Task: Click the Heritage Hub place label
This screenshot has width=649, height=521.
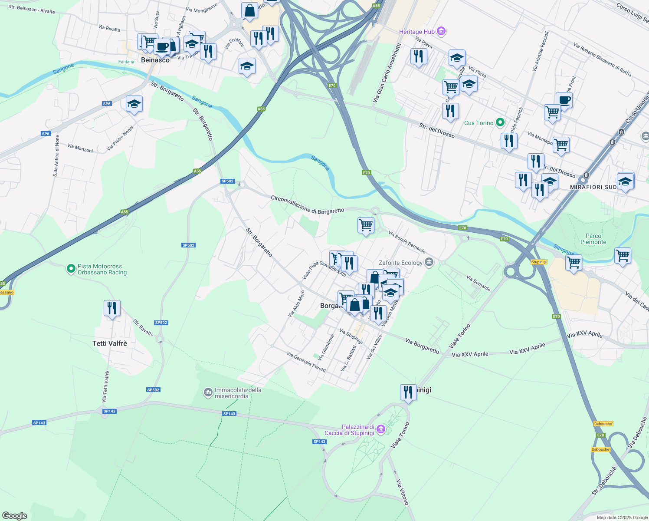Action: click(x=416, y=32)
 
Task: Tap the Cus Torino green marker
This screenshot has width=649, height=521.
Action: click(x=500, y=123)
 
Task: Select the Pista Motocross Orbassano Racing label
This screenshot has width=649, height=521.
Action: click(x=102, y=270)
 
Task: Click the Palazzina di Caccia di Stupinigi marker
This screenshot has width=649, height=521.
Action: click(x=381, y=429)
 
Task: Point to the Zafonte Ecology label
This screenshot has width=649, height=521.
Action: click(x=400, y=263)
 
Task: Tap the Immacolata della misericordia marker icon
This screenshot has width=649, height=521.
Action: click(x=208, y=392)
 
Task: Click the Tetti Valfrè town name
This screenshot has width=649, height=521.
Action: click(x=110, y=343)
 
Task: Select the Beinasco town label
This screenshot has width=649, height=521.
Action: click(x=155, y=60)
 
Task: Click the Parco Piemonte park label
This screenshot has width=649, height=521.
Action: click(x=593, y=239)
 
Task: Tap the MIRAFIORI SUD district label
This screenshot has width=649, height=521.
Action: click(x=593, y=187)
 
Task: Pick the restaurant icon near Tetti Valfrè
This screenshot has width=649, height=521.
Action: click(x=112, y=308)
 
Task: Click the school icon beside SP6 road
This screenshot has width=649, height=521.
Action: click(x=134, y=104)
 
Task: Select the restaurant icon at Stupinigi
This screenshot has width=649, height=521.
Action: click(x=408, y=392)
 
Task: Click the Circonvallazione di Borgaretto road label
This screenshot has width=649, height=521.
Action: click(x=307, y=205)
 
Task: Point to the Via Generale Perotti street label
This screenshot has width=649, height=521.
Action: click(x=306, y=362)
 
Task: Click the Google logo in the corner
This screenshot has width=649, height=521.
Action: click(x=15, y=515)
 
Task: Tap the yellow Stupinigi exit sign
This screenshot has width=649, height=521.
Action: click(x=538, y=262)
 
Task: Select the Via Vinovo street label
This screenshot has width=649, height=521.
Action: click(x=402, y=492)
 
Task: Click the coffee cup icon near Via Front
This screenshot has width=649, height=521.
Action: click(x=564, y=100)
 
